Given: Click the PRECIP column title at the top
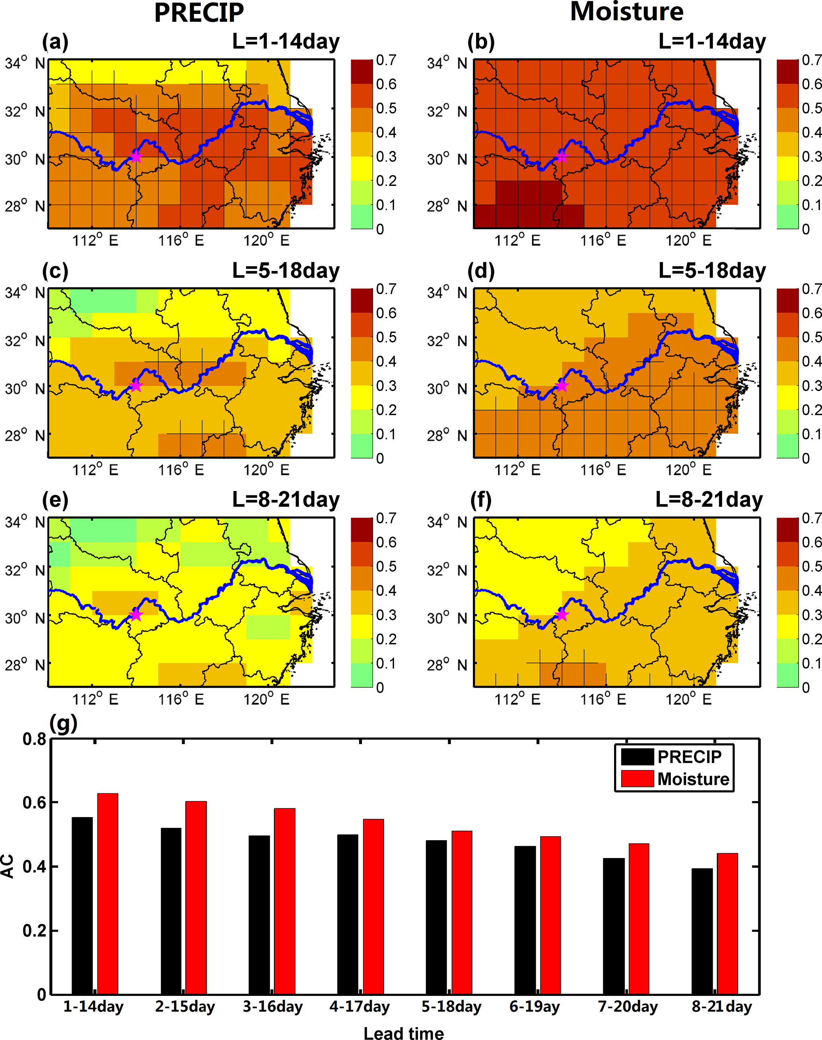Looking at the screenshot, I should click(x=199, y=13).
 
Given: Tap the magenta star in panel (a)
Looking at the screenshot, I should click(x=136, y=156).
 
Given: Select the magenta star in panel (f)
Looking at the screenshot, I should click(x=562, y=614).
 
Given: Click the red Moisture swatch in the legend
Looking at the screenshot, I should click(x=637, y=779).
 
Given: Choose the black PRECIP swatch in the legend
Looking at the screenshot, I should click(x=637, y=757).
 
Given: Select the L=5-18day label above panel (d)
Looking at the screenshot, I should click(x=712, y=271).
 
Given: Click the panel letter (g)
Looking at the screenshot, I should click(x=63, y=723).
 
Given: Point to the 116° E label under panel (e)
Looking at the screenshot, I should click(x=181, y=699).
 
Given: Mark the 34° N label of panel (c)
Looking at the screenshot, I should click(x=25, y=292).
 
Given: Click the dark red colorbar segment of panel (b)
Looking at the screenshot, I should click(x=787, y=72).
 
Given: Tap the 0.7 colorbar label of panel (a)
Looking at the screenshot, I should click(x=386, y=60).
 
